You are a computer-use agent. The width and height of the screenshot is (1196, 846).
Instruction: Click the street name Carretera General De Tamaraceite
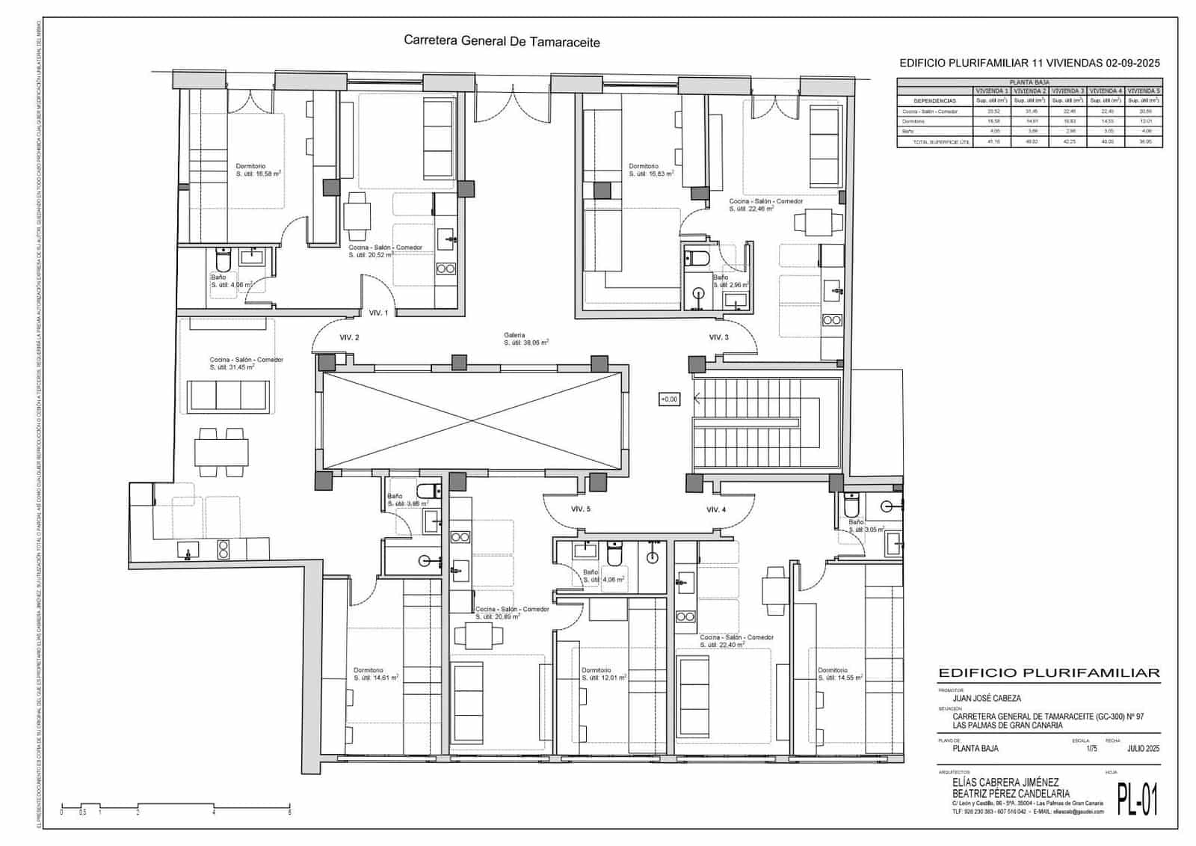(x=502, y=42)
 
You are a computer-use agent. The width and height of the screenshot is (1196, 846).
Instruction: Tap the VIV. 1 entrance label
(x=378, y=313)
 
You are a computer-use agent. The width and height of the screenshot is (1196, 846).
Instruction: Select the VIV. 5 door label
(x=580, y=509)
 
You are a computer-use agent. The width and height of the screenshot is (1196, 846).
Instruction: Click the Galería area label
(x=525, y=339)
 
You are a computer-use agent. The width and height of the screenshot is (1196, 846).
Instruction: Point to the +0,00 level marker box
(x=669, y=399)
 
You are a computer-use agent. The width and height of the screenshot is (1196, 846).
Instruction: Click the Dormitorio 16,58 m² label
(x=258, y=170)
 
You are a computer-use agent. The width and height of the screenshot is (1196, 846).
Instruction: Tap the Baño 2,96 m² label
(x=730, y=281)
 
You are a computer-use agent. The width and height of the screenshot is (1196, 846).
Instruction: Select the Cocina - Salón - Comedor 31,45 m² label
(x=246, y=364)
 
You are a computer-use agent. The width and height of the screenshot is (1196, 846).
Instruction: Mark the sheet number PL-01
(x=1137, y=799)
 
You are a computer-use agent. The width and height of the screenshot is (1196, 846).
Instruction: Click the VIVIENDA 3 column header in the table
(x=1067, y=91)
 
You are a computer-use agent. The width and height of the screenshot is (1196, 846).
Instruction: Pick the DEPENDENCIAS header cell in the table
(x=934, y=100)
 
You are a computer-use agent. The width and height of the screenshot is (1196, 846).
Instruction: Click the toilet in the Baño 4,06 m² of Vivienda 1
(x=222, y=260)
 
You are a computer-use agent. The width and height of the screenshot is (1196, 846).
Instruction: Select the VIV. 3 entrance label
(x=718, y=337)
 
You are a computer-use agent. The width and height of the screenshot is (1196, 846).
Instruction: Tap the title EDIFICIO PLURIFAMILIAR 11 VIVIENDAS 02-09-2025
(x=1029, y=64)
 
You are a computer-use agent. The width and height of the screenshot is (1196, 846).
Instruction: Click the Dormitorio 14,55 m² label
(x=840, y=674)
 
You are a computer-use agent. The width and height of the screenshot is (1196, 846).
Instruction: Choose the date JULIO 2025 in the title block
(x=1122, y=748)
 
